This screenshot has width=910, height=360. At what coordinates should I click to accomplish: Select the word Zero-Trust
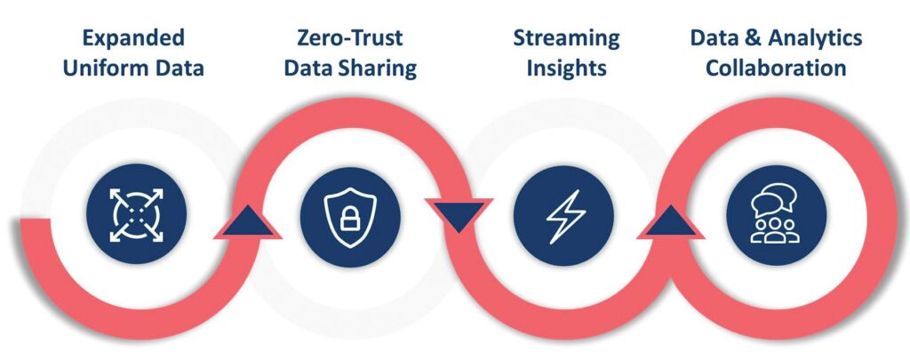point(350,37)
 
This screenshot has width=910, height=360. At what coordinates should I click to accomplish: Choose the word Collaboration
point(776,68)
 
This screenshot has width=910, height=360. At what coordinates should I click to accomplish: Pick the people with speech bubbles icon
point(776,216)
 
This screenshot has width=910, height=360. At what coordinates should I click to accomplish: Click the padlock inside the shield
point(349,220)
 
